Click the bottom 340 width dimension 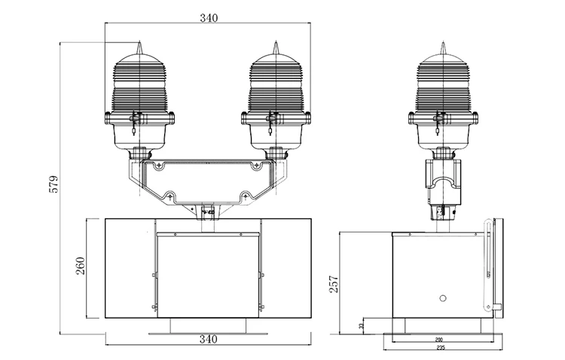pos(209,339)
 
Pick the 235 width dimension pos(438,349)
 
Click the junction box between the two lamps pos(207,182)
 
